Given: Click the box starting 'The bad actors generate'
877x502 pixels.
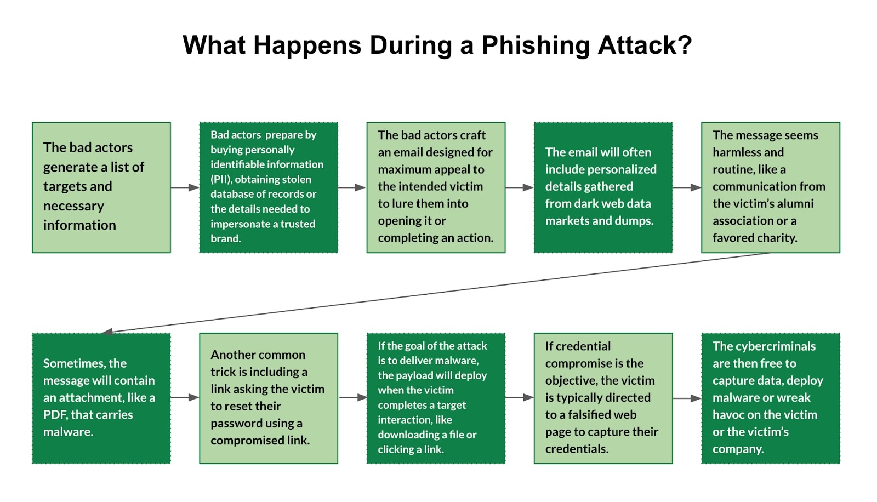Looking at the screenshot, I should point(101,187).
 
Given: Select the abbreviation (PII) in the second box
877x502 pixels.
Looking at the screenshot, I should point(220,179).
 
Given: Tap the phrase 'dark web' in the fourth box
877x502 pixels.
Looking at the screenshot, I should point(598,204).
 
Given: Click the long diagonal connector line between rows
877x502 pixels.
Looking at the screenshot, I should point(438,293).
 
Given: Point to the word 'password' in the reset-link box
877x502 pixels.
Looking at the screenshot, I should point(236,424).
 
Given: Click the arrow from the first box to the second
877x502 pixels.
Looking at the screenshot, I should point(185,187).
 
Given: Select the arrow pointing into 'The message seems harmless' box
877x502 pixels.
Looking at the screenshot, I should point(687,187).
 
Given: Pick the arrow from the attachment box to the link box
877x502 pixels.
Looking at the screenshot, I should point(185,397).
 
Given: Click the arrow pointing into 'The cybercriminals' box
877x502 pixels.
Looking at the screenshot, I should point(687,398).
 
